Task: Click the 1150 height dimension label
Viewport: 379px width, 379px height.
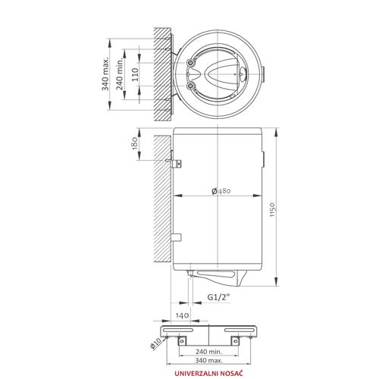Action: [272, 210]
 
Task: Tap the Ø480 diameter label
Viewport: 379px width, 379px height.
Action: [221, 191]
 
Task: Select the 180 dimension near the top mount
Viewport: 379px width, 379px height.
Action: [135, 143]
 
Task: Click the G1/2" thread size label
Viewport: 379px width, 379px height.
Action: [219, 297]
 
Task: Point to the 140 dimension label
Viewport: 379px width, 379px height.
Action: [182, 315]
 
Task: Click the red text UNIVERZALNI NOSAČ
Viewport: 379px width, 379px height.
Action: [208, 373]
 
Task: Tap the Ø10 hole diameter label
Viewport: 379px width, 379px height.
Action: [155, 343]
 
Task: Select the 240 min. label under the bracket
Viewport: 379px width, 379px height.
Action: [208, 351]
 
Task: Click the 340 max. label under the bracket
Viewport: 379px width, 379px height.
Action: [208, 360]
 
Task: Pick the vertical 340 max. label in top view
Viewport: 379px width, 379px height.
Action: [105, 74]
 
